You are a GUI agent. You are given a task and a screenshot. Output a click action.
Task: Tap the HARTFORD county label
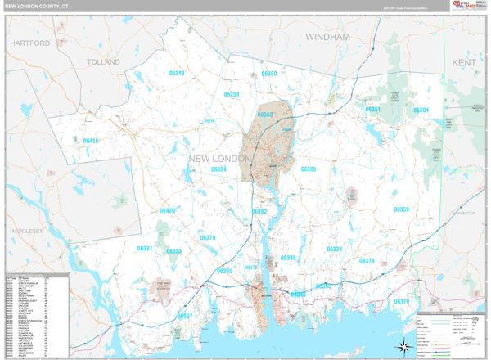30,43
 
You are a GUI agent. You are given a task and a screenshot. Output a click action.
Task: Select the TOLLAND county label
103,61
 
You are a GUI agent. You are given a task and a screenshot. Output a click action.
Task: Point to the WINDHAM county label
327,38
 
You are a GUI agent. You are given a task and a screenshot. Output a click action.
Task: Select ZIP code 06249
176,74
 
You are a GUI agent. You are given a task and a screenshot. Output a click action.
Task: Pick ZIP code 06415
90,141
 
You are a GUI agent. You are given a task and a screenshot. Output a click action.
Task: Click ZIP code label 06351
373,109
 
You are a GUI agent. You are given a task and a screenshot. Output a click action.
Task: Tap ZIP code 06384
421,110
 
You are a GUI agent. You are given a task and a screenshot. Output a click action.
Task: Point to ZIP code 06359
401,209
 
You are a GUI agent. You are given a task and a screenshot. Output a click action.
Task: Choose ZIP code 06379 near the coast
402,302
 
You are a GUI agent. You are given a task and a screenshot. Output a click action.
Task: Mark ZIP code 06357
185,316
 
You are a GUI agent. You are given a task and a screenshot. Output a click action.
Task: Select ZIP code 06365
308,169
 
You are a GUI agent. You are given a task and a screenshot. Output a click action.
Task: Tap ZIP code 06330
269,74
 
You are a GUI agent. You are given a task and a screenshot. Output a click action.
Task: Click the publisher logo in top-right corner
463,7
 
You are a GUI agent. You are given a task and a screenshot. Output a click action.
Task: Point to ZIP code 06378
367,261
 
